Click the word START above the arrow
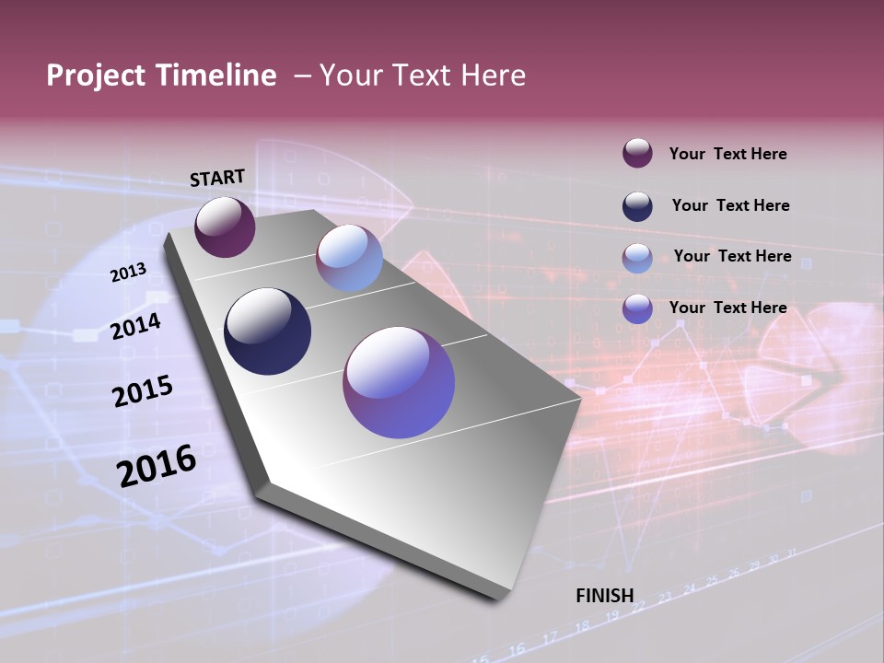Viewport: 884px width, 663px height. (x=217, y=177)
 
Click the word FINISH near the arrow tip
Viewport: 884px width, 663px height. (x=605, y=596)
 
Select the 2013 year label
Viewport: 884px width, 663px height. (x=129, y=272)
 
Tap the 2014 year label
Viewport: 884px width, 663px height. (x=136, y=326)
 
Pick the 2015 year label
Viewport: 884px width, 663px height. (x=143, y=391)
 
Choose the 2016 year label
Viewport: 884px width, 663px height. (x=157, y=465)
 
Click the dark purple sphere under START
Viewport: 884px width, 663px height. (x=225, y=227)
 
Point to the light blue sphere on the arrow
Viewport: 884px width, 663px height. (x=349, y=258)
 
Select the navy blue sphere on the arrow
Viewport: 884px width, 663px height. (x=267, y=331)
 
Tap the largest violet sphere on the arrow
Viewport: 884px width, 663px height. (x=399, y=382)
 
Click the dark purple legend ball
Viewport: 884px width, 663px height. (x=637, y=154)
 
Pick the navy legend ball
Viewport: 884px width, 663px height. (x=637, y=205)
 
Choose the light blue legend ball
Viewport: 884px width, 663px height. (x=637, y=257)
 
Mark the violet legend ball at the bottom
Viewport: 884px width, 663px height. (x=637, y=308)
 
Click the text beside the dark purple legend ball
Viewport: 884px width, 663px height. (x=727, y=155)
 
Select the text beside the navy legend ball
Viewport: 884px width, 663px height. (x=730, y=205)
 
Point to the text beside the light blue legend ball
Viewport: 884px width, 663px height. (x=732, y=256)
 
